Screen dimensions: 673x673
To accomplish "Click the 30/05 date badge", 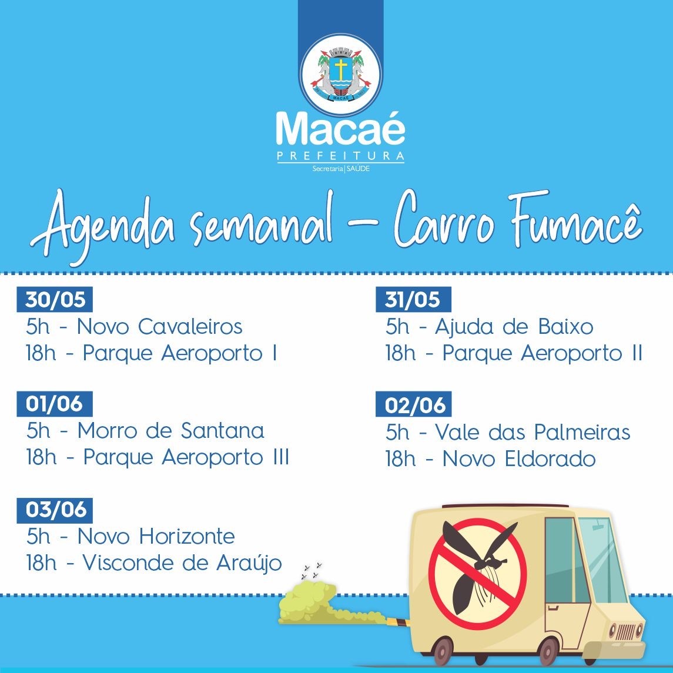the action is [x=55, y=299].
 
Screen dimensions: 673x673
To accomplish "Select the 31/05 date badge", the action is [x=413, y=299].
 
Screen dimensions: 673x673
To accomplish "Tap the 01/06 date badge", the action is [x=55, y=404].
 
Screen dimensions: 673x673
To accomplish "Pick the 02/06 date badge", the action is [x=413, y=404].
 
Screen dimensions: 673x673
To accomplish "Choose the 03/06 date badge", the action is [x=55, y=510].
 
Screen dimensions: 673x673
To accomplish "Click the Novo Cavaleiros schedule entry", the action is [x=135, y=327].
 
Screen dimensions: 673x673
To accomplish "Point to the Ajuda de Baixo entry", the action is [x=489, y=327].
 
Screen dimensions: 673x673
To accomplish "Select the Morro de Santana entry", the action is [x=145, y=431].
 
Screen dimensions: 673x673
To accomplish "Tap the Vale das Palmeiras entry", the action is [x=508, y=432].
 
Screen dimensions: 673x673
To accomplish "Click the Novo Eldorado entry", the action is [x=490, y=459].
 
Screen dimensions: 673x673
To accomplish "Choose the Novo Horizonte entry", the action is [x=130, y=537].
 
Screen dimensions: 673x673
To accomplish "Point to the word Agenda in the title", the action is [x=103, y=227].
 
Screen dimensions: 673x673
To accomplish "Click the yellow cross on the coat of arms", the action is [x=341, y=69].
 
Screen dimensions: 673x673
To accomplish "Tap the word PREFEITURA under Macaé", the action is [x=341, y=156].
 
